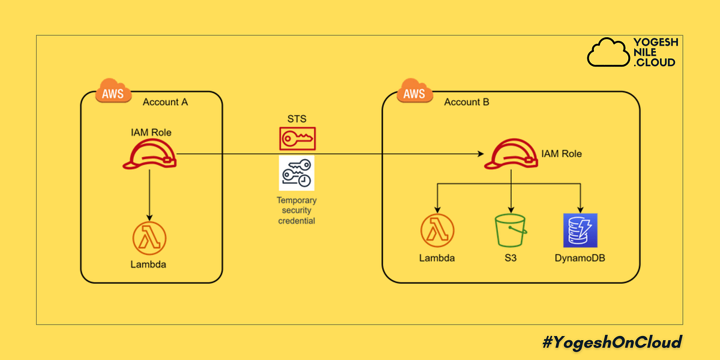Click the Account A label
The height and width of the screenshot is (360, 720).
165,102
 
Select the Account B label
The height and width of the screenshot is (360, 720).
466,102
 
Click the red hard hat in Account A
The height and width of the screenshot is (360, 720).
149,154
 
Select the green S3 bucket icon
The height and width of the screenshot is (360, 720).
511,231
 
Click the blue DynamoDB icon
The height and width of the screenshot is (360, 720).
580,230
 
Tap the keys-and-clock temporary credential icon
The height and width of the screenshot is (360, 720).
296,173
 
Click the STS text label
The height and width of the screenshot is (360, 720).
297,118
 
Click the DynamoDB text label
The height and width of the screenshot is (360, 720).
580,259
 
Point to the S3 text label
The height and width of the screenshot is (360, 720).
511,259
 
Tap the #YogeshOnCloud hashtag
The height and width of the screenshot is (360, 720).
612,343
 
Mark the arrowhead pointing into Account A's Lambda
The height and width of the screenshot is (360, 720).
149,217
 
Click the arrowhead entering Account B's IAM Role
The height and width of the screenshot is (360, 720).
482,154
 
